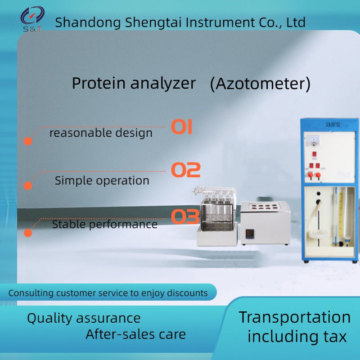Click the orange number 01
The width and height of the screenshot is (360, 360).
click(182, 127)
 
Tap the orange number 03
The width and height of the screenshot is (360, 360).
click(185, 217)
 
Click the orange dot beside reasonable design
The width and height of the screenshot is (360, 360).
click(28, 141)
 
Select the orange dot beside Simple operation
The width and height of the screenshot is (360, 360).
click(28, 185)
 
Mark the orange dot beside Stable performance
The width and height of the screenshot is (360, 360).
click(28, 233)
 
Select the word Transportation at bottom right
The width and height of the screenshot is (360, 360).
click(295, 317)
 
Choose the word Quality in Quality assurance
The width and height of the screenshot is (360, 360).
click(50, 318)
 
